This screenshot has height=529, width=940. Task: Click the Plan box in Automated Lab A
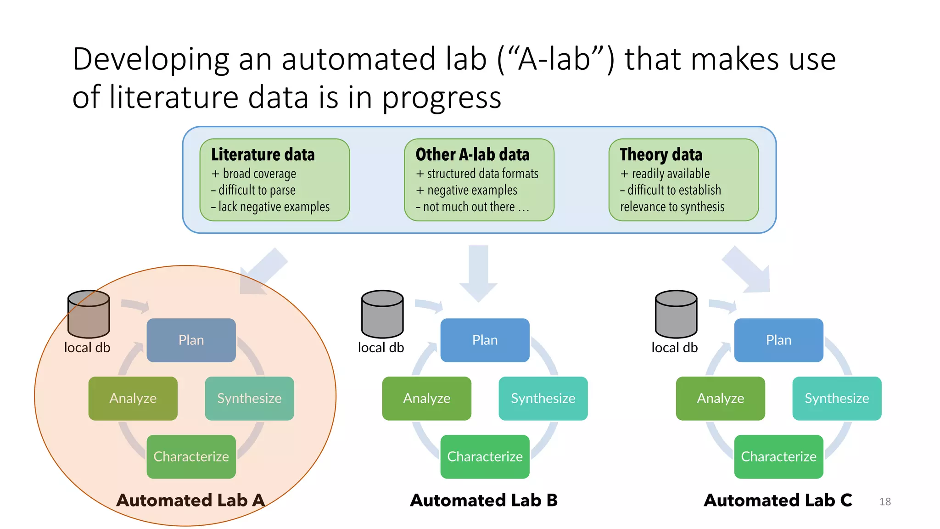click(x=191, y=340)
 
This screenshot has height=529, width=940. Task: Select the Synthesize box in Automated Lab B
click(x=543, y=398)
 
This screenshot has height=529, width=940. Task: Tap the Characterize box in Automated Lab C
click(x=778, y=456)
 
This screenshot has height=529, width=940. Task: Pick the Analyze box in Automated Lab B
click(x=426, y=398)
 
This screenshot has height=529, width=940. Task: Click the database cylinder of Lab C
click(x=676, y=314)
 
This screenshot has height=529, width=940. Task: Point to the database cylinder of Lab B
click(x=382, y=314)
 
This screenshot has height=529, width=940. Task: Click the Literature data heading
click(x=263, y=154)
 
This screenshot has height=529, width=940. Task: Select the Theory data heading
click(x=661, y=154)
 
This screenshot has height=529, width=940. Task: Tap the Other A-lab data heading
click(x=472, y=154)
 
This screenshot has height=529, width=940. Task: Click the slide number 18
click(x=885, y=501)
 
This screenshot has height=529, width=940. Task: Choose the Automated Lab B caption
click(x=484, y=500)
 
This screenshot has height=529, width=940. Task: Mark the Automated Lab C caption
click(x=778, y=500)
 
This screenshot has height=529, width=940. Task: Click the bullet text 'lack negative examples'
click(x=274, y=207)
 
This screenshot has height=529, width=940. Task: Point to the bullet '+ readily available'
click(x=665, y=174)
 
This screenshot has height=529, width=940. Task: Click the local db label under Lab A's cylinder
click(x=87, y=348)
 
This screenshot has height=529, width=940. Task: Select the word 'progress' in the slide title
click(x=442, y=97)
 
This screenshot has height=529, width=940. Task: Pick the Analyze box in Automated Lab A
click(x=133, y=398)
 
